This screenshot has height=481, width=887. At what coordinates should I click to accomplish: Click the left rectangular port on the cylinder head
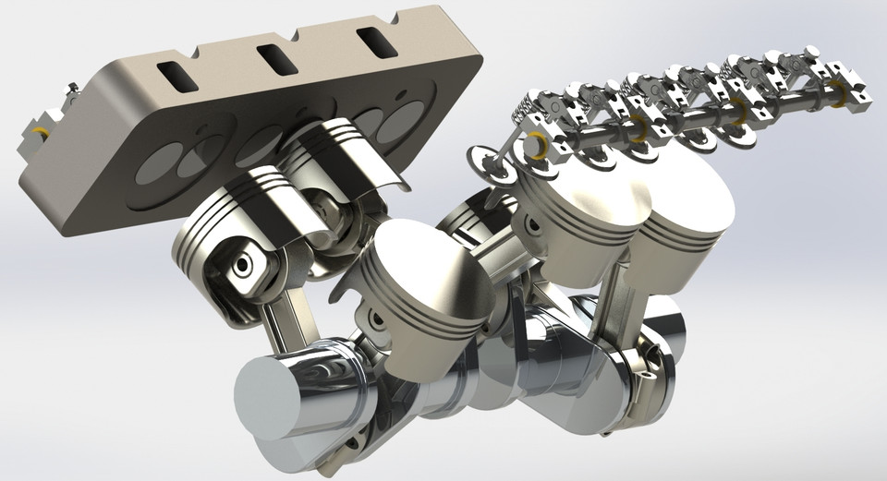click(x=176, y=77)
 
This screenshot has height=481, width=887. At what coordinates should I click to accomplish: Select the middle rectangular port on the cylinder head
click(x=274, y=58)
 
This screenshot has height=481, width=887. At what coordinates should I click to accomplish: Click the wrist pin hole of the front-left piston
click(x=242, y=265)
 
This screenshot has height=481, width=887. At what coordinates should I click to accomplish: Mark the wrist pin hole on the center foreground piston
click(x=374, y=320)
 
